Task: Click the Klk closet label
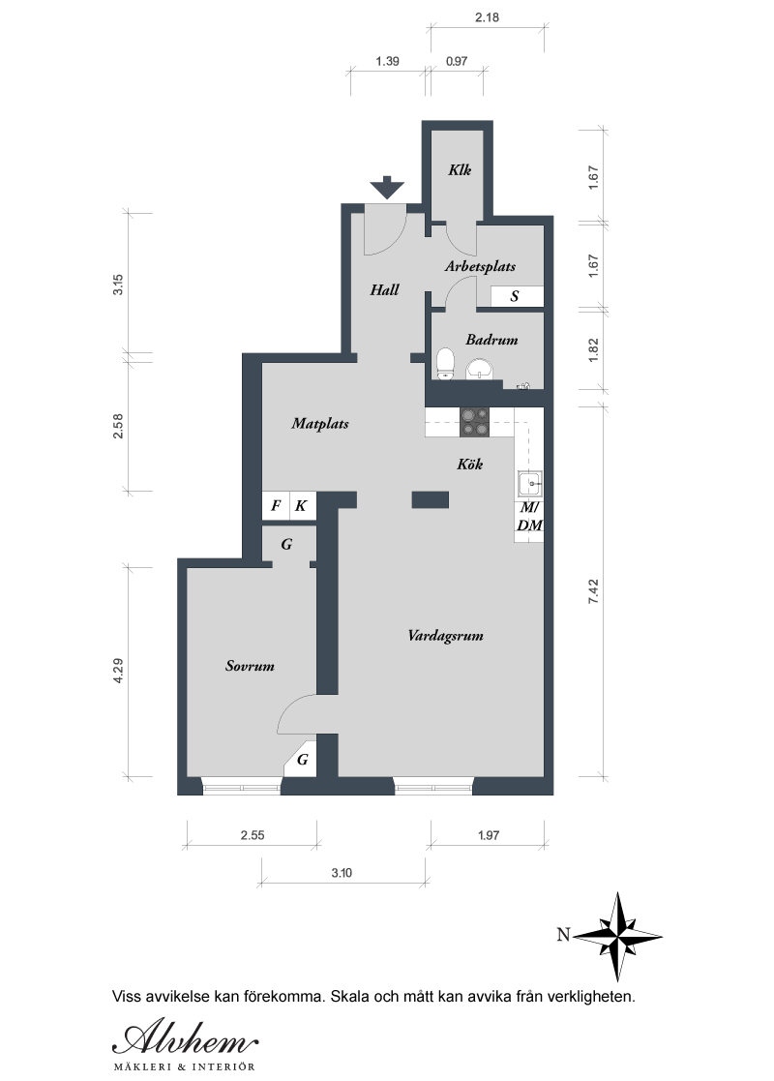[x=459, y=169]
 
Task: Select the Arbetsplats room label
[x=480, y=266]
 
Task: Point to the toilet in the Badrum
[x=446, y=364]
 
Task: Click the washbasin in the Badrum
[x=481, y=370]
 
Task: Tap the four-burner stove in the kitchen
[x=475, y=422]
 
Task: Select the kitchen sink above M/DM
[x=530, y=484]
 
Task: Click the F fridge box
[x=276, y=505]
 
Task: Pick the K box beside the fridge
[x=302, y=505]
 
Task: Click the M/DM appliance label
[x=529, y=517]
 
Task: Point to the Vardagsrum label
[x=445, y=636]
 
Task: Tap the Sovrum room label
[x=250, y=666]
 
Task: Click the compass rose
[x=617, y=936]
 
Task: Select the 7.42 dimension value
[x=593, y=592]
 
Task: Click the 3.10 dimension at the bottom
[x=342, y=873]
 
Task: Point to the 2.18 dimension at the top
[x=487, y=17]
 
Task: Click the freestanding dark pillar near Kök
[x=431, y=499]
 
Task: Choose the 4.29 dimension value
[x=118, y=671]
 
